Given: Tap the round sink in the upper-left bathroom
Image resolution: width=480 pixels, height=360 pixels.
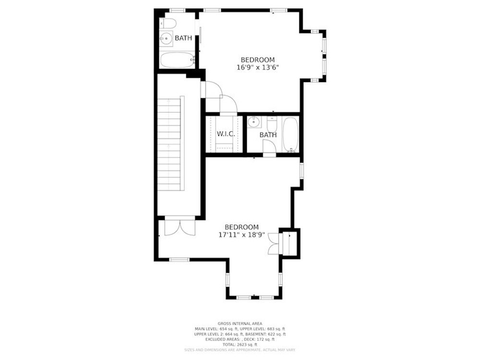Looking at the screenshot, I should [166, 38].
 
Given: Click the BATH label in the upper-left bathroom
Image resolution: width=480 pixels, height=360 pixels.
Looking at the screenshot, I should [183, 38].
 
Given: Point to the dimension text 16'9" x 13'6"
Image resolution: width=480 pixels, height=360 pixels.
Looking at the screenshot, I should [258, 68].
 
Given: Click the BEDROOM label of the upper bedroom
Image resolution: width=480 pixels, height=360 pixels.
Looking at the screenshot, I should [258, 60].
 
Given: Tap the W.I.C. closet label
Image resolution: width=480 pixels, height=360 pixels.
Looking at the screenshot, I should [226, 134].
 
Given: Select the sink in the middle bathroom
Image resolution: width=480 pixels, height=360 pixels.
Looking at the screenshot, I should [254, 123].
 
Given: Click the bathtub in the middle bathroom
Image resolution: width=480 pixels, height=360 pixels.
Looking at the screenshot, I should [290, 135].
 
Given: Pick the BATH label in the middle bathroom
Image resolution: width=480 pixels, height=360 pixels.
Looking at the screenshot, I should [268, 135].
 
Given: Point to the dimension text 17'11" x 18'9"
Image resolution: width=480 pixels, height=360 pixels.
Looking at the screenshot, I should [242, 235].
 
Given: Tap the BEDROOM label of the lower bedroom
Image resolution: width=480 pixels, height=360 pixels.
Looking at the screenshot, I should [242, 227].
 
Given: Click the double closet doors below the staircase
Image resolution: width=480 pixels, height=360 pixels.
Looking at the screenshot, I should [180, 227].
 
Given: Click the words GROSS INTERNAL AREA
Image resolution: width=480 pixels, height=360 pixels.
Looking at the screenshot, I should [240, 324].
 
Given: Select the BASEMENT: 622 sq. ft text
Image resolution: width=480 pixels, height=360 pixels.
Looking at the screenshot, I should [265, 334].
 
